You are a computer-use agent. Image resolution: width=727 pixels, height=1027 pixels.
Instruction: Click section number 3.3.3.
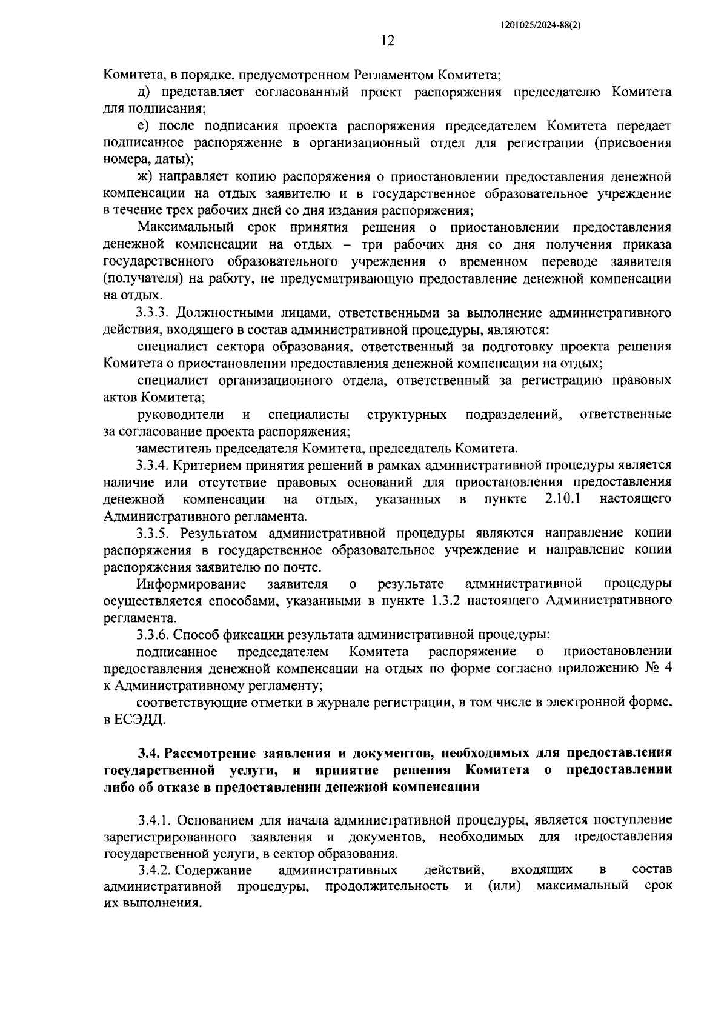point(156,313)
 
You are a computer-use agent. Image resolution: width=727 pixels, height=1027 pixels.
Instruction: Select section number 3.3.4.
point(156,465)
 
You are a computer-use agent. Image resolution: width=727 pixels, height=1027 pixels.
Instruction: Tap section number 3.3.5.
point(156,533)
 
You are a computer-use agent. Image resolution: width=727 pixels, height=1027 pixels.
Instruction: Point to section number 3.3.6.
point(156,634)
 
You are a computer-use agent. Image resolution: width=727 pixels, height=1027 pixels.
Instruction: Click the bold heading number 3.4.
point(148,753)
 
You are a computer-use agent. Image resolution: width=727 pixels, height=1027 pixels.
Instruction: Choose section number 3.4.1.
point(156,820)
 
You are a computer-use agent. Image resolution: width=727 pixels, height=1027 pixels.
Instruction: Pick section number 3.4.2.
point(156,870)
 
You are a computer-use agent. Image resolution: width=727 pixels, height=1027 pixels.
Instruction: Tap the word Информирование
point(191,584)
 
